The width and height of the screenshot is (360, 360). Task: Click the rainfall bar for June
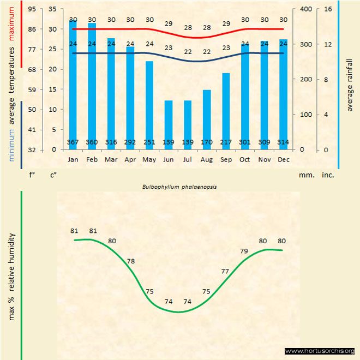pyautogui.click(x=169, y=124)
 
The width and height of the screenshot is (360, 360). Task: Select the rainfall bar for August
pyautogui.click(x=207, y=119)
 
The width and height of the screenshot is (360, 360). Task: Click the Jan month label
pyautogui.click(x=73, y=160)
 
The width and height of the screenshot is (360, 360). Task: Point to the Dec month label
pyautogui.click(x=283, y=160)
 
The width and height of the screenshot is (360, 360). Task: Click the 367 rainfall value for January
pyautogui.click(x=73, y=142)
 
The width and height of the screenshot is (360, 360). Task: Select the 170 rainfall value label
pyautogui.click(x=207, y=142)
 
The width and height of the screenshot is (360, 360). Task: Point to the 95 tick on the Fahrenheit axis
pyautogui.click(x=32, y=9)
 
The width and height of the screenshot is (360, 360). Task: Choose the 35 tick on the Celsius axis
pyautogui.click(x=52, y=9)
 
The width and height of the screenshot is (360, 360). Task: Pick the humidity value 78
pyautogui.click(x=131, y=261)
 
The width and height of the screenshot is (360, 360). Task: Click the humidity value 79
pyautogui.click(x=244, y=251)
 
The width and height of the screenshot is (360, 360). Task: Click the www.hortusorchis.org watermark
pyautogui.click(x=320, y=351)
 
